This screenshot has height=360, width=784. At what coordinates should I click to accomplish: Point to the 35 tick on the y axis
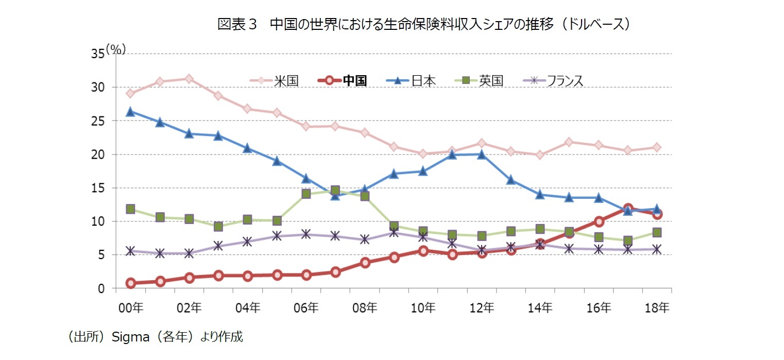(98, 54)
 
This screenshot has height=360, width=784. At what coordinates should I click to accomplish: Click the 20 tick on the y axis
(98, 155)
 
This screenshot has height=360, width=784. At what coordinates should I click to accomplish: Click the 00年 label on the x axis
(130, 308)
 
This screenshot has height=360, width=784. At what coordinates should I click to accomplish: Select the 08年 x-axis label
(365, 308)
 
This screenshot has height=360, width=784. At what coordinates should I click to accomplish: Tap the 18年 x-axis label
(657, 308)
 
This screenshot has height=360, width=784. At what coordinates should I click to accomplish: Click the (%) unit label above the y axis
(116, 49)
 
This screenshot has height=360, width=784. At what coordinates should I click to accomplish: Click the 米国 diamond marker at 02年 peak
(189, 79)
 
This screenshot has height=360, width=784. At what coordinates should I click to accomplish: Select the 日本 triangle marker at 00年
(130, 111)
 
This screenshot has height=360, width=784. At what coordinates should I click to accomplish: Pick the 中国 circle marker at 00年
(130, 283)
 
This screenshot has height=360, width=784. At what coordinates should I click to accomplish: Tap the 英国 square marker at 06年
(306, 194)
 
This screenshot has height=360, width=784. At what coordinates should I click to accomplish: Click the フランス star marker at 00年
(130, 251)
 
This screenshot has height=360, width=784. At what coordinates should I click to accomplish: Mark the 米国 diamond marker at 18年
(657, 147)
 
